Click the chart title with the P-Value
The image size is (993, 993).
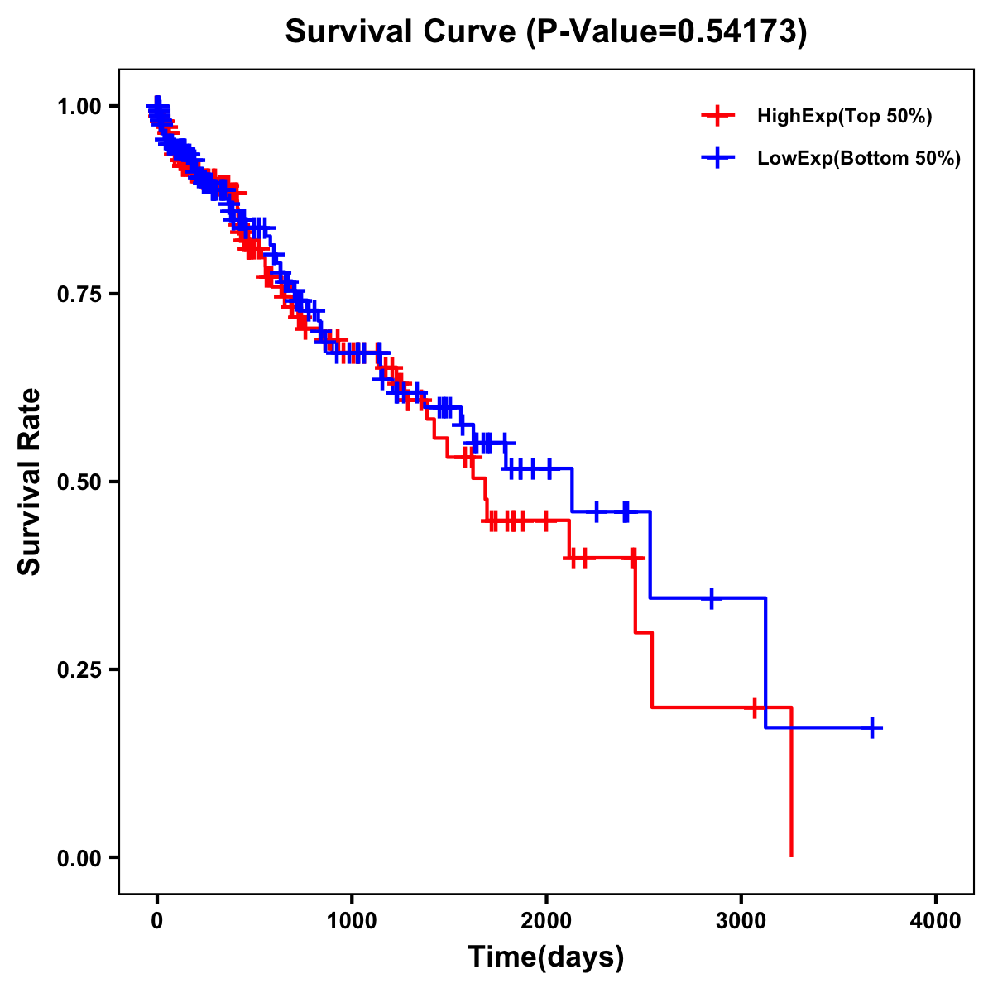545,31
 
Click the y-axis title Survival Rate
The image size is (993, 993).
30,482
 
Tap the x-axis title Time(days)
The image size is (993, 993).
546,957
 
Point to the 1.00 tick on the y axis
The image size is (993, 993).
79,106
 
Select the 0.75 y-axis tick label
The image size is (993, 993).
79,294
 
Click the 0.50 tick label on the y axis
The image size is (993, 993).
79,482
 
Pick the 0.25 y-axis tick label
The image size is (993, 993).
79,669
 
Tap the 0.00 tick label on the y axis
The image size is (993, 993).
79,857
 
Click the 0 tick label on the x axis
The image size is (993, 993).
157,920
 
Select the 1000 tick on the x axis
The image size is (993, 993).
352,920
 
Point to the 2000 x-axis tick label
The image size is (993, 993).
546,920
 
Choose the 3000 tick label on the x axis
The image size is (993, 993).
741,920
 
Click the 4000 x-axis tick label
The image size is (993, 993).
936,920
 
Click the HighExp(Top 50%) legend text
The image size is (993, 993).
845,117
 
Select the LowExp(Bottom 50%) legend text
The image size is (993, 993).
859,159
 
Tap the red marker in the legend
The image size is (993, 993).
717,116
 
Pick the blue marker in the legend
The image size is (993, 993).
717,158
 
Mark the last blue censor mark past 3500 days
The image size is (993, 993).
872,727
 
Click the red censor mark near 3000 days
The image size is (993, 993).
755,708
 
